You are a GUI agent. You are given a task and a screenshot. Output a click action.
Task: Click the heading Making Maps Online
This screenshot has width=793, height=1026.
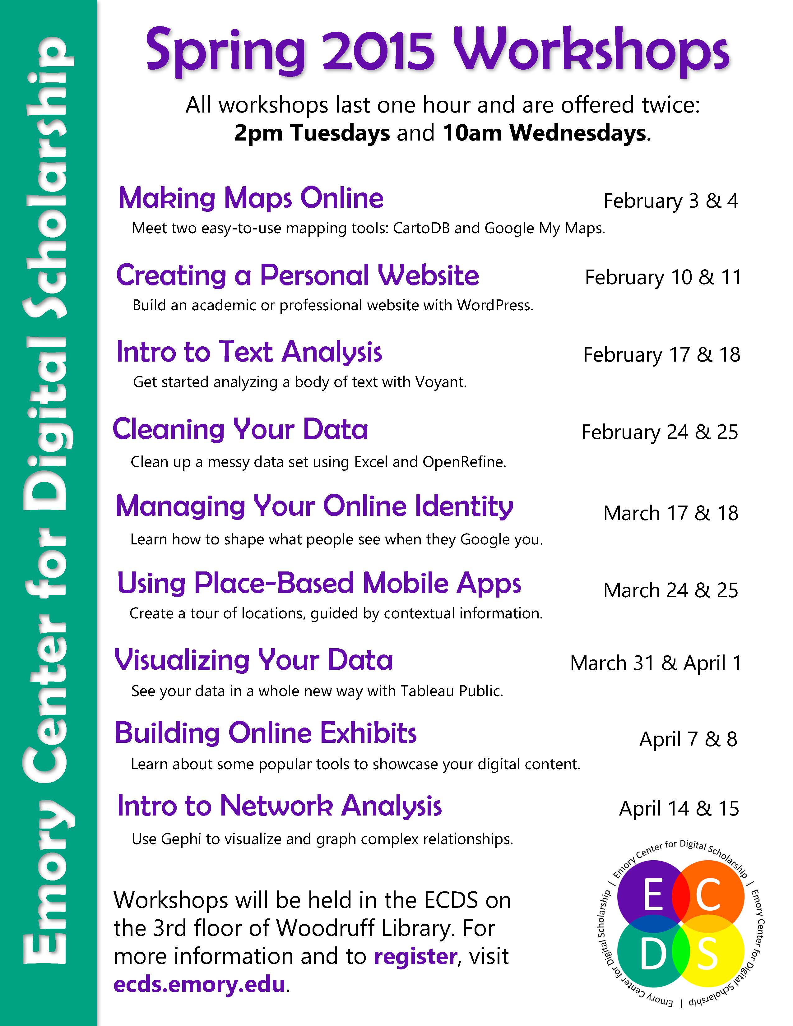[251, 198]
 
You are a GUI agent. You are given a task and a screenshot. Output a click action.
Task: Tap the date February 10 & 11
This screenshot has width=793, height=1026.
[663, 278]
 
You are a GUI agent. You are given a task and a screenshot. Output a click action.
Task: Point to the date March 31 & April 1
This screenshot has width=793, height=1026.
[656, 663]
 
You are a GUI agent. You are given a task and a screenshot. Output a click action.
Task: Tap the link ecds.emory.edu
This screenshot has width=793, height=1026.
[200, 984]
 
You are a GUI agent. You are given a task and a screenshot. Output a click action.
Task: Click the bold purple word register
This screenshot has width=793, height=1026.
[415, 956]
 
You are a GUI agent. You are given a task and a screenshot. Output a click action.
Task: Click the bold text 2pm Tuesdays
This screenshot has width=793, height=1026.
[312, 133]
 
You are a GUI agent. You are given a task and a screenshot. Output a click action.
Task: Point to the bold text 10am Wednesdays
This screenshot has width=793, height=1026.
[545, 133]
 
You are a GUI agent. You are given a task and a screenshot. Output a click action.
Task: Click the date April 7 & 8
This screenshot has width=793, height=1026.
[688, 739]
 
